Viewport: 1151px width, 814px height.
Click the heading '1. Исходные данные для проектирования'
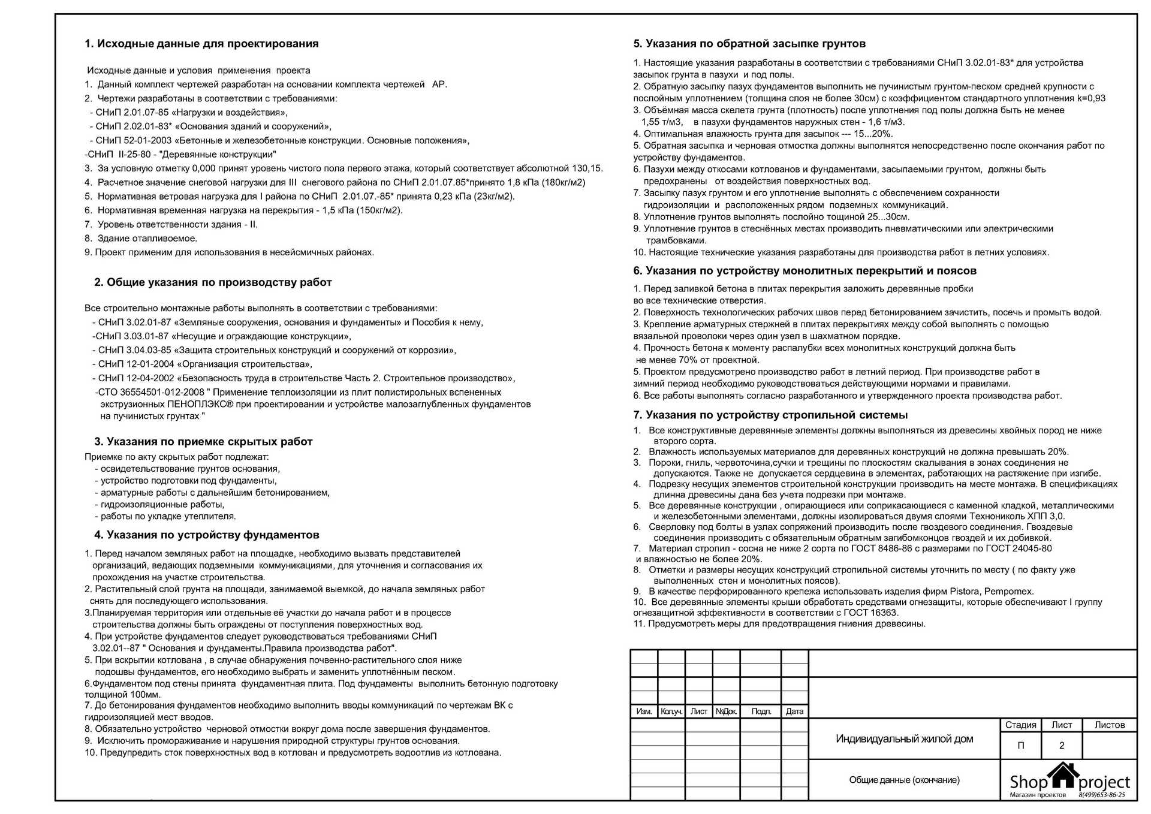[201, 44]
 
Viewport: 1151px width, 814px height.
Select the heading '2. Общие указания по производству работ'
[213, 282]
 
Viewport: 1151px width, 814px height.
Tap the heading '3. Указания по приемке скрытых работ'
[203, 442]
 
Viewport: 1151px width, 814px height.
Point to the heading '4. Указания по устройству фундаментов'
[206, 535]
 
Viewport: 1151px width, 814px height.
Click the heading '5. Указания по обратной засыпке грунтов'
[749, 44]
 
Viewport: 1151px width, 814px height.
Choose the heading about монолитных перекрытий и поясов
[805, 271]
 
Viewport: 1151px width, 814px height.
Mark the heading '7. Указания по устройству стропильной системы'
[770, 415]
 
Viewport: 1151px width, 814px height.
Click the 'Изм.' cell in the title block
[644, 712]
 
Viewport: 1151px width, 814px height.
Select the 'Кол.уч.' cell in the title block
[671, 712]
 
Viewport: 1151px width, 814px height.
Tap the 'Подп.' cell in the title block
[761, 712]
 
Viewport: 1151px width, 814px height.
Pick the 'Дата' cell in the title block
[794, 712]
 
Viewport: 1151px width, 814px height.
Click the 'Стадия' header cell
[1020, 725]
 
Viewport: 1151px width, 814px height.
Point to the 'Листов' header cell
[1110, 725]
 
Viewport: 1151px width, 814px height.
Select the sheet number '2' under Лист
[1062, 746]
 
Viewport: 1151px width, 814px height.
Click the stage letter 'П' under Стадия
[1021, 746]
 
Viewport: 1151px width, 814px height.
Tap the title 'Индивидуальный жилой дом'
[904, 739]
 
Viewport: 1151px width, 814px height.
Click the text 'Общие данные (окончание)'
[904, 780]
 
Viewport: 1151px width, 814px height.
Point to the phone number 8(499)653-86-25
[1102, 795]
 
